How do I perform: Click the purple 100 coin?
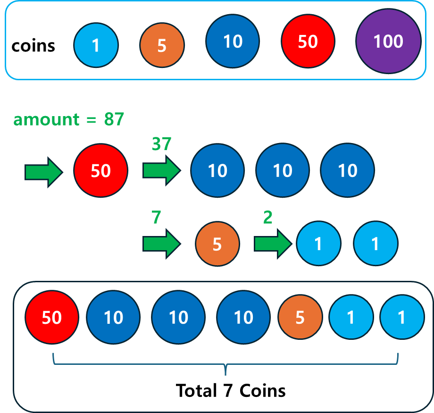tap(388, 42)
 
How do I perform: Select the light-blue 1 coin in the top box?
tap(96, 46)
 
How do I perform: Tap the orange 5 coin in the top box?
tap(162, 46)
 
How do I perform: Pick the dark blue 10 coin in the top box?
tap(233, 42)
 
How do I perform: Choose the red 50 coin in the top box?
tap(308, 42)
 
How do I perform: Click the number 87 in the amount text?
tap(114, 120)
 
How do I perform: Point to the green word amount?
tap(46, 120)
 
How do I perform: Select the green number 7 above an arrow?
tap(157, 218)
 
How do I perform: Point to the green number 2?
tap(268, 218)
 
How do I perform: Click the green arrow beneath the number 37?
tap(162, 170)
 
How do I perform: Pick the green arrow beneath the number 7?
tap(162, 244)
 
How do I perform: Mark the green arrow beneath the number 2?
tap(273, 244)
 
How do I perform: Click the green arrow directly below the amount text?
tap(43, 172)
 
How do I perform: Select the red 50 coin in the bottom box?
tap(52, 318)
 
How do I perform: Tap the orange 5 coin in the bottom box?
tap(300, 318)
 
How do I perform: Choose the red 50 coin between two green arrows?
tap(100, 170)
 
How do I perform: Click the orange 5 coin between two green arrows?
tap(217, 244)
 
